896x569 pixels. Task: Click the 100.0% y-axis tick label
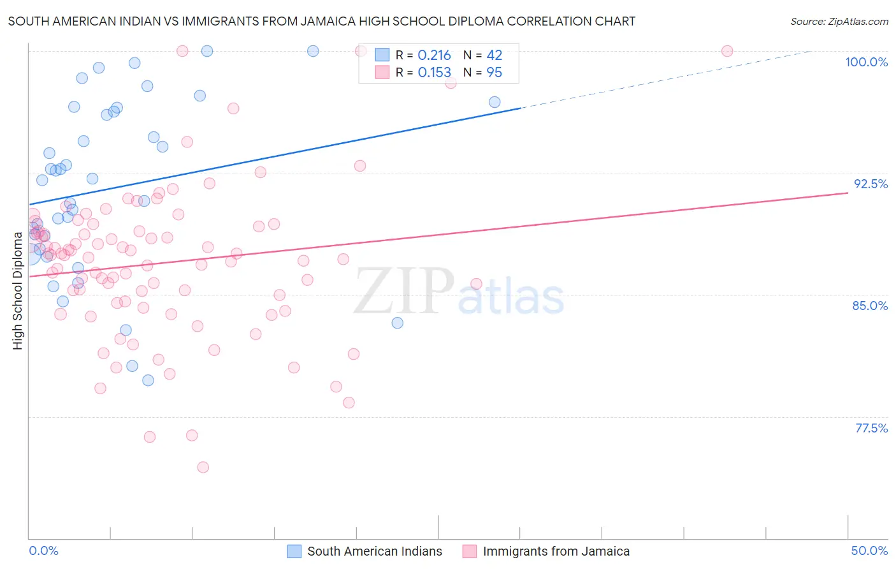pyautogui.click(x=866, y=62)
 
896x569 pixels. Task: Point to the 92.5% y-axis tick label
pyautogui.click(x=871, y=184)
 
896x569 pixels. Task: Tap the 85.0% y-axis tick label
pyautogui.click(x=870, y=306)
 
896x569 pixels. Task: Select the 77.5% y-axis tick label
pyautogui.click(x=871, y=428)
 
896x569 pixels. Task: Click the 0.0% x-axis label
pyautogui.click(x=43, y=551)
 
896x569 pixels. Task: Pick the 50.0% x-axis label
pyautogui.click(x=869, y=551)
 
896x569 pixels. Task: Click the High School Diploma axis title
pyautogui.click(x=17, y=290)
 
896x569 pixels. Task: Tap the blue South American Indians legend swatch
pyautogui.click(x=294, y=551)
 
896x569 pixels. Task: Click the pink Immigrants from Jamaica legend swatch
pyautogui.click(x=470, y=551)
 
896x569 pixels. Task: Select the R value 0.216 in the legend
pyautogui.click(x=434, y=55)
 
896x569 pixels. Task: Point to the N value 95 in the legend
pyautogui.click(x=494, y=73)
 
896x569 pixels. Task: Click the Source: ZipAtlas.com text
pyautogui.click(x=839, y=21)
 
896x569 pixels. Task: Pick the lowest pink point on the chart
pyautogui.click(x=203, y=467)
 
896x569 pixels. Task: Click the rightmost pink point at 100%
pyautogui.click(x=727, y=51)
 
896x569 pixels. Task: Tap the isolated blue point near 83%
pyautogui.click(x=398, y=323)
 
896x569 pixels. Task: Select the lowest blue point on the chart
pyautogui.click(x=148, y=380)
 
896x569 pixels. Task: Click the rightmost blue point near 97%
pyautogui.click(x=495, y=102)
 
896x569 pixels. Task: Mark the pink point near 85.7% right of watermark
pyautogui.click(x=476, y=284)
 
